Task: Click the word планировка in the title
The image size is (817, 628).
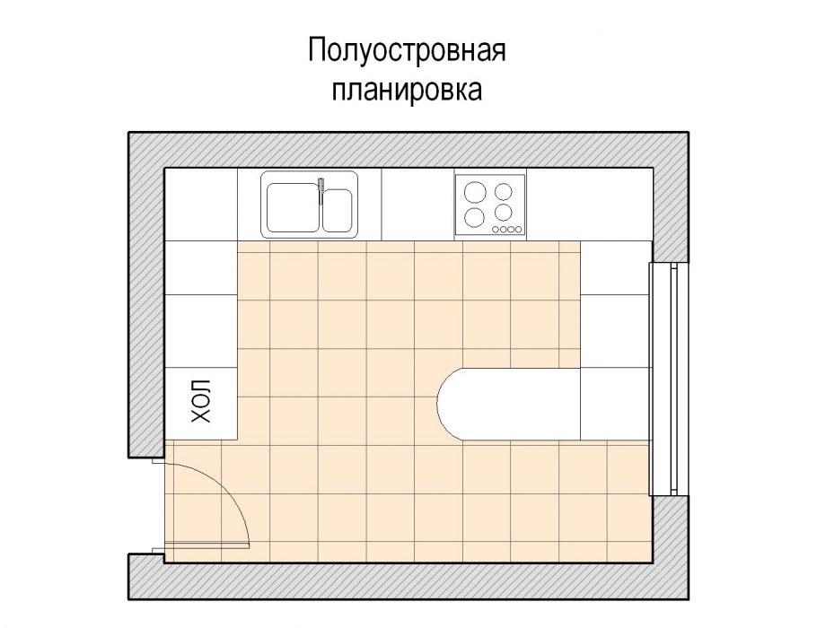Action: point(407,90)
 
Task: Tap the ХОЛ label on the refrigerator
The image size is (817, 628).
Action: point(201,401)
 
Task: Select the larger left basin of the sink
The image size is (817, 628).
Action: point(293,207)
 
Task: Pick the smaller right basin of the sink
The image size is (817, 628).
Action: point(337,210)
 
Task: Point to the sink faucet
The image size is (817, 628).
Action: point(321,191)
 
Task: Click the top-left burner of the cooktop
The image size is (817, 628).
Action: point(473,192)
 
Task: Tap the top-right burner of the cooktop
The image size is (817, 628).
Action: point(504,192)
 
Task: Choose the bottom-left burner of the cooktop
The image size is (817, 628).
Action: point(473,216)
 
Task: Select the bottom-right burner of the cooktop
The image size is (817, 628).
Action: point(504,213)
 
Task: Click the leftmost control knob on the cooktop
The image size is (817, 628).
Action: point(496,229)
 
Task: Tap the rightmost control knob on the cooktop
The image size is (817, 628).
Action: point(518,229)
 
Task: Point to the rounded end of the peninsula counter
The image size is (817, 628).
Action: point(447,404)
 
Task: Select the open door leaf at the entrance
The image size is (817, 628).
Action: point(206,545)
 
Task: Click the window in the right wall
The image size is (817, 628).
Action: point(669,379)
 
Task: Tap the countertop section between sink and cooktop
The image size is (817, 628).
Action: point(417,205)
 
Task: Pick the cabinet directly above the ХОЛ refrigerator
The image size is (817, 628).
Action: point(201,331)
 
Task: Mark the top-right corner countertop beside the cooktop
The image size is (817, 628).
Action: point(589,205)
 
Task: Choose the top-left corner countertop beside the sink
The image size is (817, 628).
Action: point(201,205)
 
